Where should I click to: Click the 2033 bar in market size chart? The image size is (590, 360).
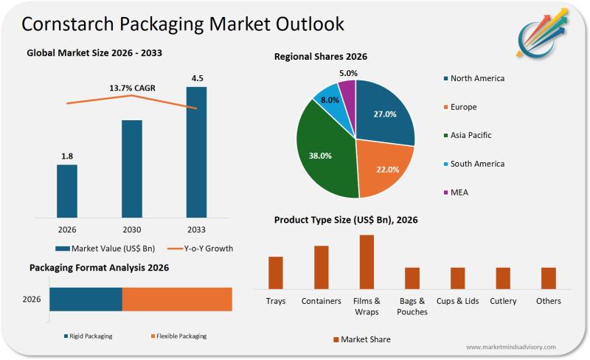pos(196,152)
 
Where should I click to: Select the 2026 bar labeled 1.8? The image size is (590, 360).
pos(67,191)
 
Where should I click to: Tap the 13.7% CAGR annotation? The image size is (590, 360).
pos(132,89)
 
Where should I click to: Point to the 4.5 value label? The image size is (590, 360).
pos(196,78)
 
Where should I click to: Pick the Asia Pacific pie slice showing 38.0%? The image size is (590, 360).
pos(322,156)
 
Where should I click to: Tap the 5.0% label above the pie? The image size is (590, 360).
pos(349,73)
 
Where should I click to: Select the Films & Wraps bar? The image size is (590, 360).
pos(367,262)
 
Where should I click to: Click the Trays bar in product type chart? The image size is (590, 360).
pos(276,272)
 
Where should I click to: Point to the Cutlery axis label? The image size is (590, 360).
pos(503,301)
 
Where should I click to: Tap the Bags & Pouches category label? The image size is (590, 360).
pos(412,306)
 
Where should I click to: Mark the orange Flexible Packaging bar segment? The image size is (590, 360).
pos(177,299)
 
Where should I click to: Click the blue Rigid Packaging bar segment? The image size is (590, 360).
pos(86,299)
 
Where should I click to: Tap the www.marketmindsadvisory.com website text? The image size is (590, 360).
pos(510,347)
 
